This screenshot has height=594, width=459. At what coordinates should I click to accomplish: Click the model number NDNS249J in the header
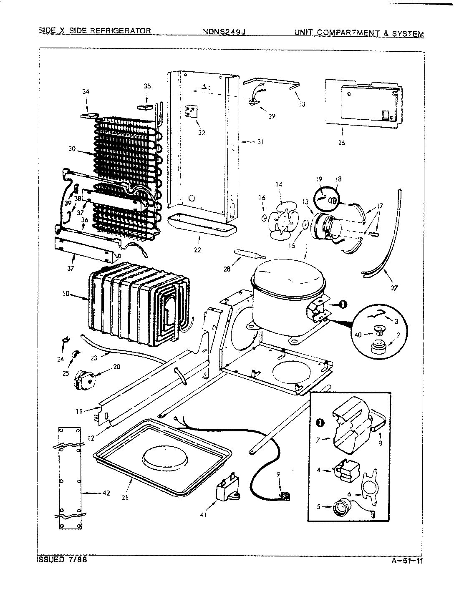point(222,31)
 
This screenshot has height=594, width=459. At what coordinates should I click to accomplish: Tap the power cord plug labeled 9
point(285,495)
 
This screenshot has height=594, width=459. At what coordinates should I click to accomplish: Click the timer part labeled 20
point(83,378)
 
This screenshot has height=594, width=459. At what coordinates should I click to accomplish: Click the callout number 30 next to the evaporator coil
point(72,149)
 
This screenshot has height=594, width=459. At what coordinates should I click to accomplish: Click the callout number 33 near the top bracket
point(302,104)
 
